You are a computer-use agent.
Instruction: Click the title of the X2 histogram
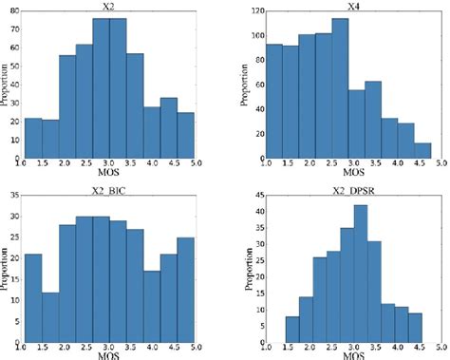[107, 6]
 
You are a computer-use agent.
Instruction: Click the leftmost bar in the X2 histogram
[32, 139]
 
